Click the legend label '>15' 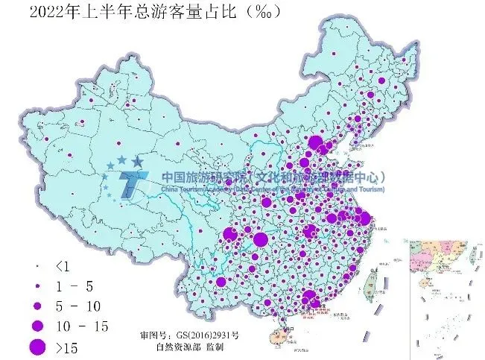click(66, 347)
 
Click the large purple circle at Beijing click(315, 143)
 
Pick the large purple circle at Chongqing click(260, 239)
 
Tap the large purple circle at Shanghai click(364, 218)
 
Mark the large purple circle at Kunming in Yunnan click(221, 282)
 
